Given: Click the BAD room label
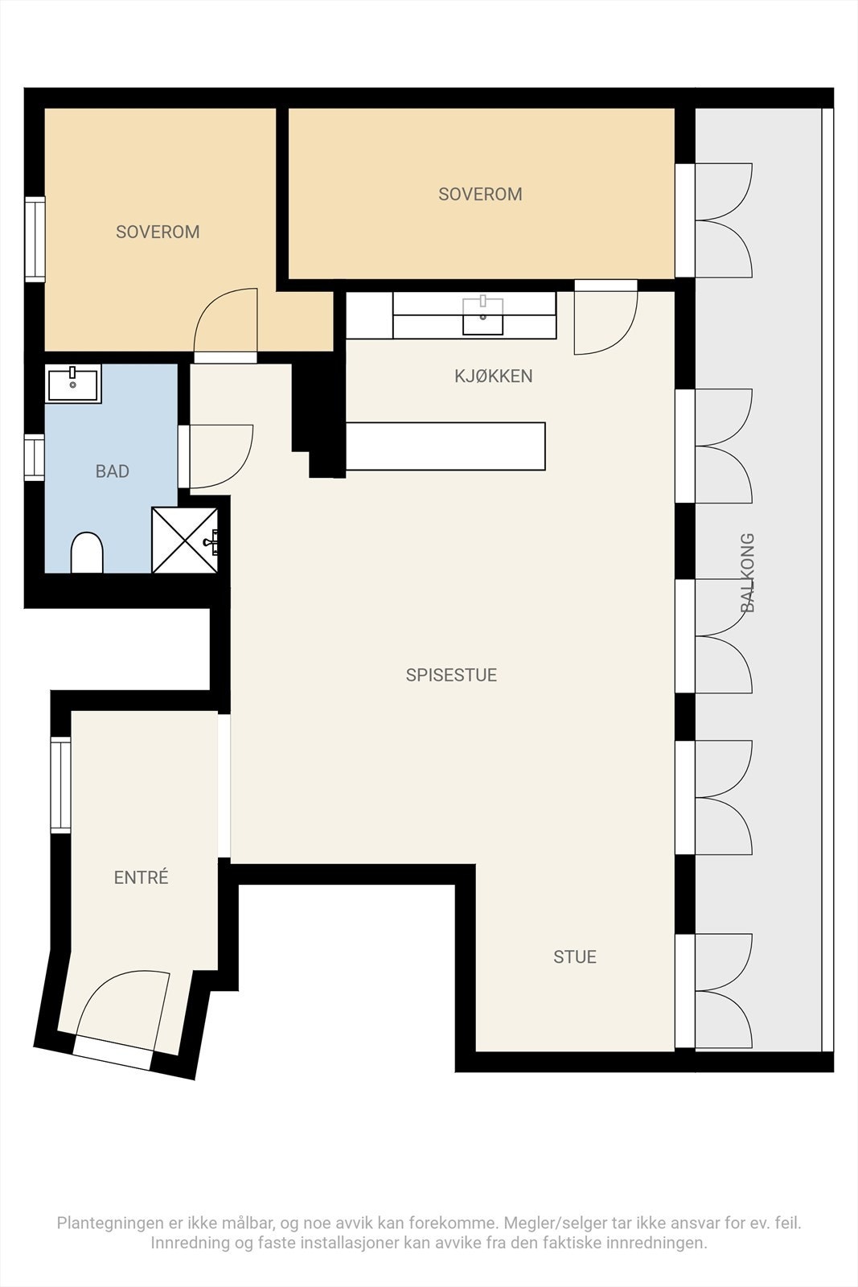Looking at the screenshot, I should coord(112,471).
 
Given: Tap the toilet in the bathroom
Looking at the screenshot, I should coord(87,553).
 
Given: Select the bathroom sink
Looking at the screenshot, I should coord(73,384).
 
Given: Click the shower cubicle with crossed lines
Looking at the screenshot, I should coord(184,540).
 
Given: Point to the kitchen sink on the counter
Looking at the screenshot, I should coord(482,315).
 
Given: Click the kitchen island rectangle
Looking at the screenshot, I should coord(445,446).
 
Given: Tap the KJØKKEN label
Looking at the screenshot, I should coord(493,376).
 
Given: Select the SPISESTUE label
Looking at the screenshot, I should coord(450,675).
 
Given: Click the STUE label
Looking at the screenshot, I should coord(574,956).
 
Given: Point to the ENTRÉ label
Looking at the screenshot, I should coord(141,878).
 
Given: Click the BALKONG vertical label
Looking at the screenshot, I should coord(748,573).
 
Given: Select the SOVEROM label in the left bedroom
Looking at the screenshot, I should coord(158,232).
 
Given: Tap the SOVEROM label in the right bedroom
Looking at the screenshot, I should coord(480,194).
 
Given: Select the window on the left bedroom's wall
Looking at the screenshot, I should coord(35,239).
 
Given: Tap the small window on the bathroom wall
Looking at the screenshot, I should coord(34,457).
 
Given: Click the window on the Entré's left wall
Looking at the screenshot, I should coord(60,785).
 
